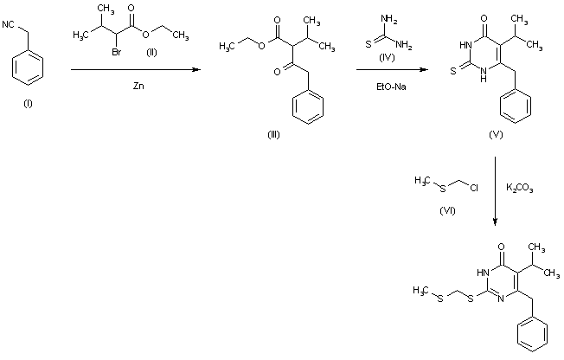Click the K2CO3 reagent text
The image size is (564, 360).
519,187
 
